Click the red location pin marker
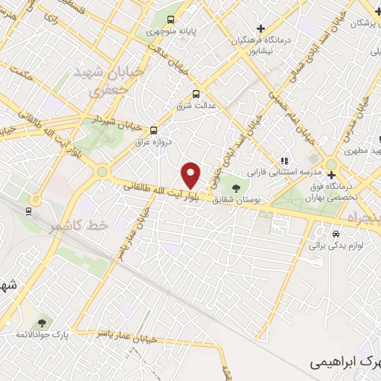point(191,175)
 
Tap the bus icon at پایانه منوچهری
point(171,20)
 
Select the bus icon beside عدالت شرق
point(196,94)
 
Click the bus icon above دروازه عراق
point(154,128)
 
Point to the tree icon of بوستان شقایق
point(237,188)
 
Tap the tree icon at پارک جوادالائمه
point(41,322)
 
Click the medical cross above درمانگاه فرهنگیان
point(260,28)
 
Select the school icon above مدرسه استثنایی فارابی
point(284,160)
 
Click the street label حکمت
point(18,74)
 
